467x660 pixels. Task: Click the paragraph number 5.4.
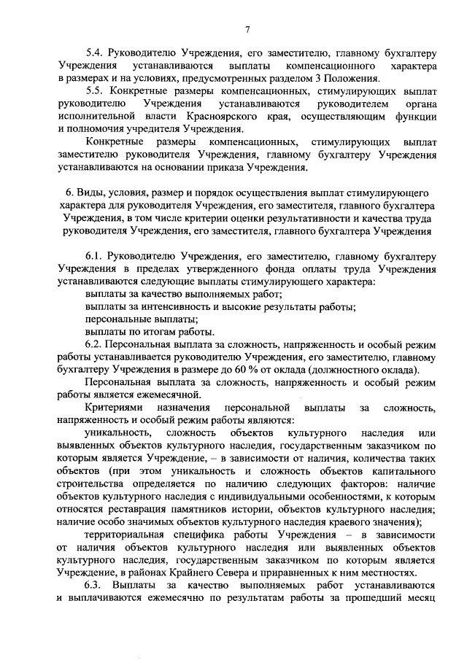tap(95, 53)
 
